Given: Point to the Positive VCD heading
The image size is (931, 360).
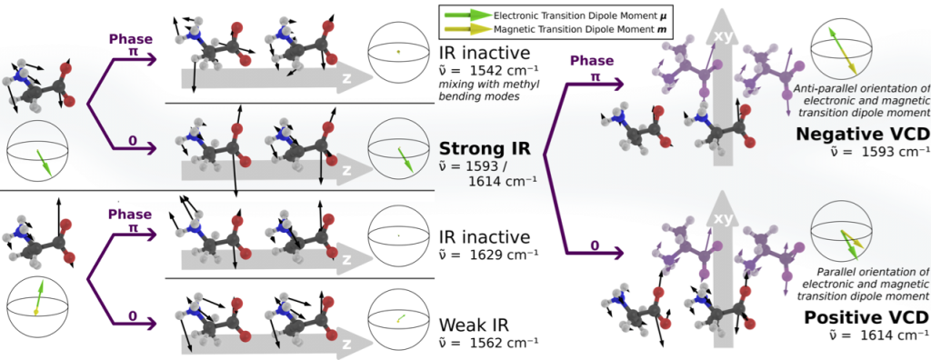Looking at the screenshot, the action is [x=866, y=317].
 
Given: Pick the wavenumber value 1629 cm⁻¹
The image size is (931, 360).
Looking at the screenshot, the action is [x=487, y=255].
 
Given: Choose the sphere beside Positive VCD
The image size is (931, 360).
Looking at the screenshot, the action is [x=841, y=232].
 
